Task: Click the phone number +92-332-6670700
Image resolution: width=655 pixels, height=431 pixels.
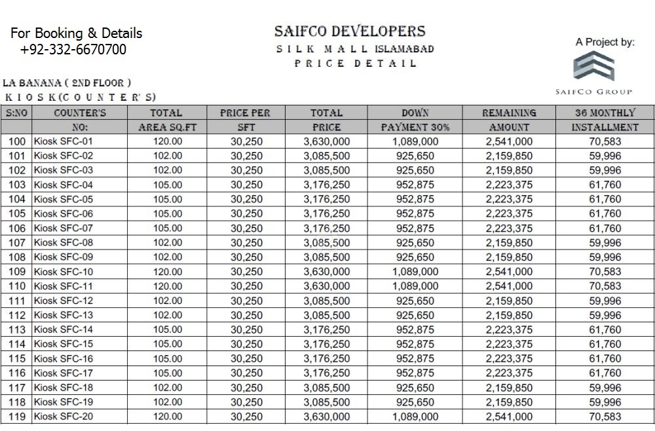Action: (x=73, y=50)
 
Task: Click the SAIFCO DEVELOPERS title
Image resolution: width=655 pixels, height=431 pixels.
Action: (x=350, y=31)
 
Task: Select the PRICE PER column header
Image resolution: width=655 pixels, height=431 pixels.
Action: (x=246, y=113)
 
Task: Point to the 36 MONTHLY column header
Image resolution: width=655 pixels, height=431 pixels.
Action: (x=605, y=113)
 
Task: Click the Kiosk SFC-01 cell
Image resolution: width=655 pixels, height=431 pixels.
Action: (x=64, y=141)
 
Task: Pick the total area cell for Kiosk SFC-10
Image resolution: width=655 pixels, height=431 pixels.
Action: (x=167, y=272)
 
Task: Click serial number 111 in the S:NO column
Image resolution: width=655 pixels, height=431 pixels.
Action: (x=18, y=301)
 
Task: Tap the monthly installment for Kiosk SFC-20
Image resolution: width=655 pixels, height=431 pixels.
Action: (x=605, y=417)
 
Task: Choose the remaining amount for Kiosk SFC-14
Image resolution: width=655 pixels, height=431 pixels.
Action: (x=509, y=329)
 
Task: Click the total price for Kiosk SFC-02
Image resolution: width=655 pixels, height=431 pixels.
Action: (x=326, y=156)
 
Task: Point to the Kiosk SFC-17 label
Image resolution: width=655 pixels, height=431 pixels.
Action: (x=64, y=373)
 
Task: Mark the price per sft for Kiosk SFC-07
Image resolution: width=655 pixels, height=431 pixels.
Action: (x=246, y=229)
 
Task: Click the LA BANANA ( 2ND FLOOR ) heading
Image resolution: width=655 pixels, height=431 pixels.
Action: (x=67, y=83)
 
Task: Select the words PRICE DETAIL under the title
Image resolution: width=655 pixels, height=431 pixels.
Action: (x=355, y=64)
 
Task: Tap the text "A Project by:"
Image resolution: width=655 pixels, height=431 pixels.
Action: (x=605, y=43)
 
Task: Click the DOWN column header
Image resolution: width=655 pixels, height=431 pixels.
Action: (x=415, y=113)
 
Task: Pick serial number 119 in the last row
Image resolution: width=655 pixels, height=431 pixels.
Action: (x=18, y=417)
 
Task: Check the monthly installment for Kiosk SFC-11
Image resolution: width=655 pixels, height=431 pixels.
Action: (x=605, y=286)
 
